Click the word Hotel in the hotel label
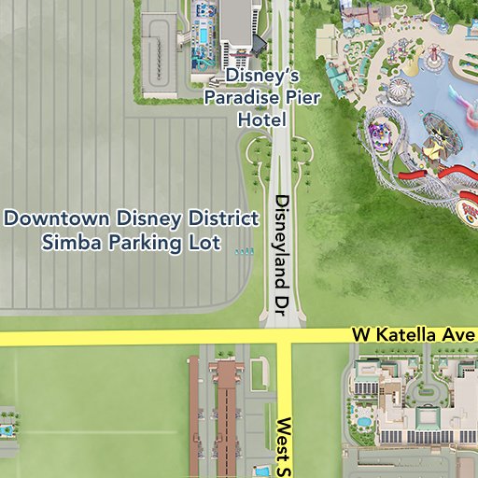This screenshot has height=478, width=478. [261, 120]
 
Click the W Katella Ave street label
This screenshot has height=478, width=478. [414, 334]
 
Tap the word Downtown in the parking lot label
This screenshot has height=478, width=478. [58, 219]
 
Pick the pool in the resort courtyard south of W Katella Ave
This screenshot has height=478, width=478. [362, 422]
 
